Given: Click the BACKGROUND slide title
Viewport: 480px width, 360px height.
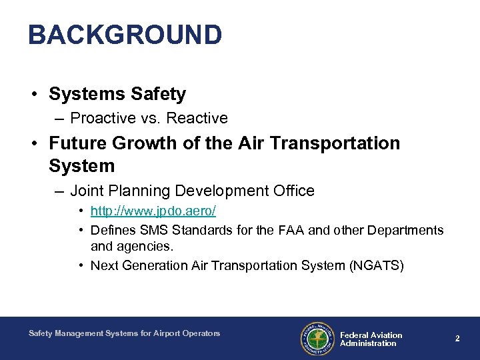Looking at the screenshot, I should point(125,35).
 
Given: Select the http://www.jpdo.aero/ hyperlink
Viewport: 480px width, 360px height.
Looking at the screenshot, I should point(153,211).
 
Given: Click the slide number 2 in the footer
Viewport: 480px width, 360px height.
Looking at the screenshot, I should point(457,339).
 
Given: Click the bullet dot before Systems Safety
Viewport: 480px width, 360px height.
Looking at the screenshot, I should point(33,95).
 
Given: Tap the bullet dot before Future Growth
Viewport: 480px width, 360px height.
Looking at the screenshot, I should point(33,144).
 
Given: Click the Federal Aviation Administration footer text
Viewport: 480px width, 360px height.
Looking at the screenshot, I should point(371,339).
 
